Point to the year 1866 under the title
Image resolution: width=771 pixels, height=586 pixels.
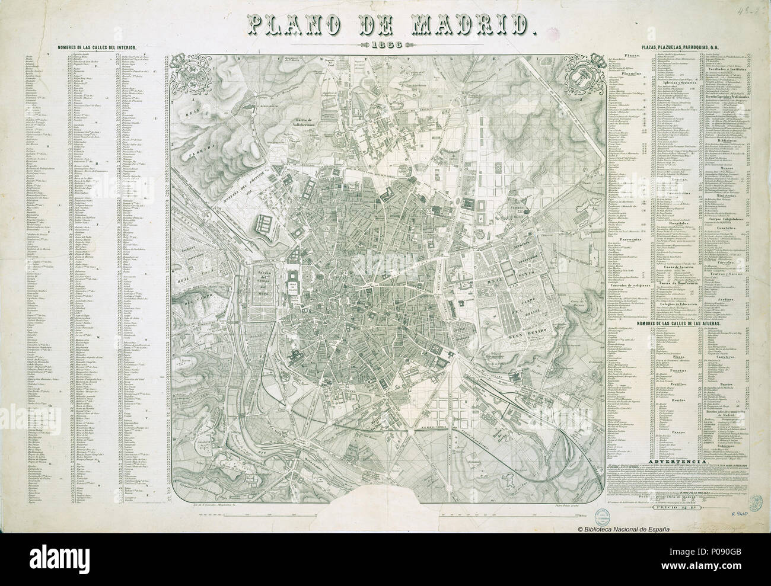coord(384,46)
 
